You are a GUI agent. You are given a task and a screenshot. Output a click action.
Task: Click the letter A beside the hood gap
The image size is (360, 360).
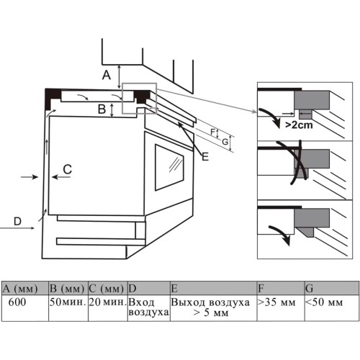pyautogui.click(x=107, y=75)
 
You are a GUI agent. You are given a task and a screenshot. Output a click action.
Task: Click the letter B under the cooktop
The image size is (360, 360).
pyautogui.click(x=102, y=109)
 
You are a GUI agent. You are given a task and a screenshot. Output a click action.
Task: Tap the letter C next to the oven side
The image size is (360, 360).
pyautogui.click(x=68, y=169)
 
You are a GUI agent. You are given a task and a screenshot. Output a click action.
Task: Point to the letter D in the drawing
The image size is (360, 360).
pyautogui.click(x=17, y=221)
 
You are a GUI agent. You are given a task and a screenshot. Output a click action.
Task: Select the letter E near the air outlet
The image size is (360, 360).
pyautogui.click(x=205, y=157)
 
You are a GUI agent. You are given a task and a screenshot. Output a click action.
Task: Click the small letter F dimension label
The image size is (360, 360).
pyautogui.click(x=212, y=132)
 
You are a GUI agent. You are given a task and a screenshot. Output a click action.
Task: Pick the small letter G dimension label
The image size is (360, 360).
pyautogui.click(x=225, y=142)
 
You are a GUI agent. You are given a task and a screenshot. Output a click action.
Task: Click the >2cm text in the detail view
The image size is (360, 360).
pyautogui.click(x=299, y=125)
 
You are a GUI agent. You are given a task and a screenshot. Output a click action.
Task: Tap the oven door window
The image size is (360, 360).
pyautogui.click(x=169, y=167)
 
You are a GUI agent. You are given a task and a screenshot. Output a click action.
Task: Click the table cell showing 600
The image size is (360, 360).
pyautogui.click(x=25, y=308)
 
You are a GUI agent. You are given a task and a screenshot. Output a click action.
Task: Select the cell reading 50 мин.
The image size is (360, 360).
pyautogui.click(x=68, y=308)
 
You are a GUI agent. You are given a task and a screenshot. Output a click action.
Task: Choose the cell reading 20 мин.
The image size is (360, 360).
pyautogui.click(x=108, y=308)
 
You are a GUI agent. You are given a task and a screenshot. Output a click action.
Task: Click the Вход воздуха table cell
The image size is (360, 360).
pyautogui.click(x=149, y=308)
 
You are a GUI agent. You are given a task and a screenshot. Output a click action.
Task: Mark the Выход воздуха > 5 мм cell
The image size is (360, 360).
pyautogui.click(x=213, y=308)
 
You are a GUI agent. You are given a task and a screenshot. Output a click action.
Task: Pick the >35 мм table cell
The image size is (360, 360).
pyautogui.click(x=281, y=308)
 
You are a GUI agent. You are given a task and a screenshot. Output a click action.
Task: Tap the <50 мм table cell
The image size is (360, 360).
pyautogui.click(x=332, y=308)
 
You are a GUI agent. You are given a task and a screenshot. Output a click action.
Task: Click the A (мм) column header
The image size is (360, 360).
pyautogui.click(x=25, y=289)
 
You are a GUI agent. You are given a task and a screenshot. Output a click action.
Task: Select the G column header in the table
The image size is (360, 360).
pyautogui.click(x=332, y=289)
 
